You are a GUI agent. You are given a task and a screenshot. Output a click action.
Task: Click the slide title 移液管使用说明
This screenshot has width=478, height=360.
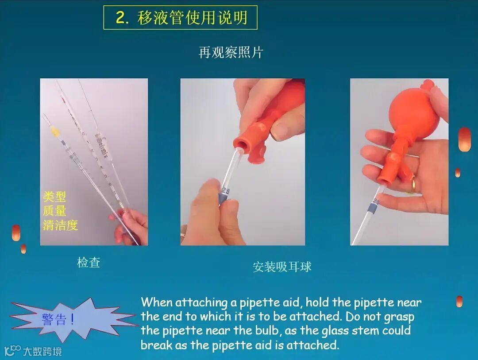pyautogui.click(x=192, y=17)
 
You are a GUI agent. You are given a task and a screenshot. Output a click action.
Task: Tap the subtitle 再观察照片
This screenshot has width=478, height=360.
pyautogui.click(x=231, y=53)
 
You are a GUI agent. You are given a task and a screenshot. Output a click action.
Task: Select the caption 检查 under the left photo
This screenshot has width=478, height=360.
pyautogui.click(x=89, y=263)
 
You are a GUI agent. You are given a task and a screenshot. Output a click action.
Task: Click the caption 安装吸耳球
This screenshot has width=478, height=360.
pyautogui.click(x=282, y=267)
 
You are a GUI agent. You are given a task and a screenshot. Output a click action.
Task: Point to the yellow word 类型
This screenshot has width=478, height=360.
pyautogui.click(x=54, y=197)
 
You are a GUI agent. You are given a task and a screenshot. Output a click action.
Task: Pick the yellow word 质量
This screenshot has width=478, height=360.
pyautogui.click(x=54, y=211)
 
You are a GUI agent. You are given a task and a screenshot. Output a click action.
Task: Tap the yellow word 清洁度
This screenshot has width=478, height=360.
pyautogui.click(x=60, y=225)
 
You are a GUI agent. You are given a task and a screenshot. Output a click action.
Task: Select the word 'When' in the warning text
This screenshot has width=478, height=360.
pyautogui.click(x=156, y=302)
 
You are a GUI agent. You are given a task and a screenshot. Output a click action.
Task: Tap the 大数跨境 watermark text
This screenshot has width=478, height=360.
pyautogui.click(x=42, y=352)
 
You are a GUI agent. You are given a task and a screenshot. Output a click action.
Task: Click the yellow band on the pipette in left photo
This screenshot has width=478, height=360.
pyautogui.click(x=55, y=132)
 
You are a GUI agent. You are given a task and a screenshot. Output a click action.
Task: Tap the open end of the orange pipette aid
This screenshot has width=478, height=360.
pyautogui.click(x=240, y=145)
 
